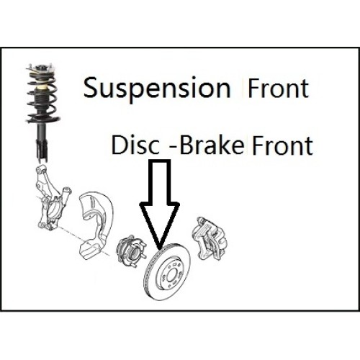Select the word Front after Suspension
278,88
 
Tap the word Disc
135,145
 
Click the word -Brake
207,145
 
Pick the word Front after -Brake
282,145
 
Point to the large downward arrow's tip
159,249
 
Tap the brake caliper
208,239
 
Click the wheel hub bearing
130,251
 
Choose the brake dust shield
96,225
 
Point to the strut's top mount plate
41,69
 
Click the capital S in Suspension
92,87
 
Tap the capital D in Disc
120,145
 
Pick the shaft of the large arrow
159,181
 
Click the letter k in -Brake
224,145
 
